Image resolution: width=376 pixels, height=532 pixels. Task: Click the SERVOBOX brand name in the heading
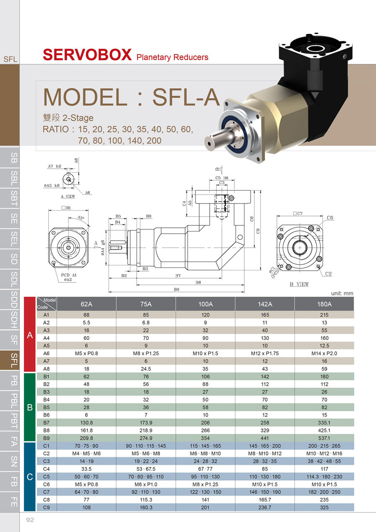(87, 55)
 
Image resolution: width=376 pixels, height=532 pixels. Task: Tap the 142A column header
(265, 304)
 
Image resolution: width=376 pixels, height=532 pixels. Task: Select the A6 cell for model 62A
(86, 354)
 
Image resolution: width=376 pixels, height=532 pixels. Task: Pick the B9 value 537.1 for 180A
(324, 438)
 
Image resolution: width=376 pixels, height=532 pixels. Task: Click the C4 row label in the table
(46, 469)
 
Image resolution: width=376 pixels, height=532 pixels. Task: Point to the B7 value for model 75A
(146, 423)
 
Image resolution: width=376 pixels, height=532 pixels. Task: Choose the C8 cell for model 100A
(205, 500)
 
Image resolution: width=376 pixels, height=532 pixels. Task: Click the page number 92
(30, 520)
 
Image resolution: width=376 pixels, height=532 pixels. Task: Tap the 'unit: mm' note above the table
(342, 293)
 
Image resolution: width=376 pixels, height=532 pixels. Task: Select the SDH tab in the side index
(14, 320)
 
